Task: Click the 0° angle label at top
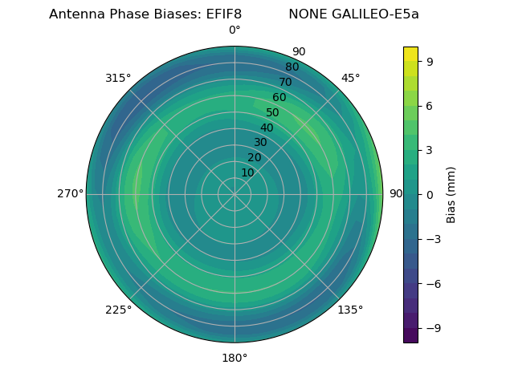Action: [x=235, y=30]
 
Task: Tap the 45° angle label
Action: [x=351, y=78]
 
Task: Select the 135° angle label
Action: [x=350, y=310]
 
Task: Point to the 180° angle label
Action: [x=235, y=358]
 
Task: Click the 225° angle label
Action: [x=118, y=310]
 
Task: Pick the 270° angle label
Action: [x=70, y=193]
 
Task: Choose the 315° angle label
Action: [x=118, y=78]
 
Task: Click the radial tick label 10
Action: [x=247, y=172]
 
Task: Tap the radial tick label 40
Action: [x=267, y=128]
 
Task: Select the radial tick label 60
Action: [x=279, y=98]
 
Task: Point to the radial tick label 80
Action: [x=292, y=67]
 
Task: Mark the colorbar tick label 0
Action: [x=430, y=194]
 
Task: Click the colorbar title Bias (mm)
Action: [x=451, y=194]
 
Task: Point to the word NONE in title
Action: [x=304, y=14]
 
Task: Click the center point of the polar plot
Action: [x=235, y=194]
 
